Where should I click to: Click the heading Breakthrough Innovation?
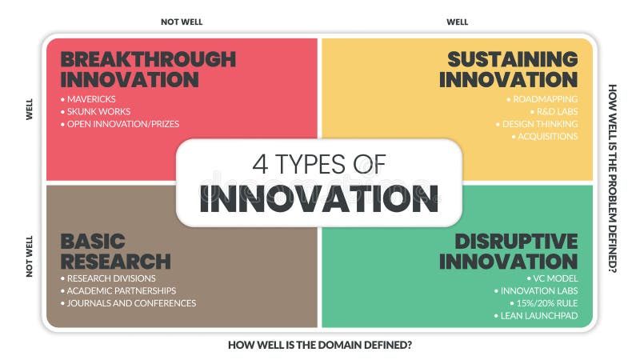pyautogui.click(x=148, y=70)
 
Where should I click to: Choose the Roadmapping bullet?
pyautogui.click(x=544, y=99)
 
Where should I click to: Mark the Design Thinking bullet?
pyautogui.click(x=538, y=124)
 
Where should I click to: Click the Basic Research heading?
pyautogui.click(x=115, y=251)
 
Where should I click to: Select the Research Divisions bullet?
pyautogui.click(x=112, y=278)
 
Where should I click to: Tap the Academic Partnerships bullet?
pyautogui.click(x=122, y=290)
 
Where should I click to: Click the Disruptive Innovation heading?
pyautogui.click(x=508, y=251)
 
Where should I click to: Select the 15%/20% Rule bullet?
pyautogui.click(x=546, y=303)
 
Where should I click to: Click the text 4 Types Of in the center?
pyautogui.click(x=318, y=164)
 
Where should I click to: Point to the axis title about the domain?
pyautogui.click(x=319, y=346)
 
